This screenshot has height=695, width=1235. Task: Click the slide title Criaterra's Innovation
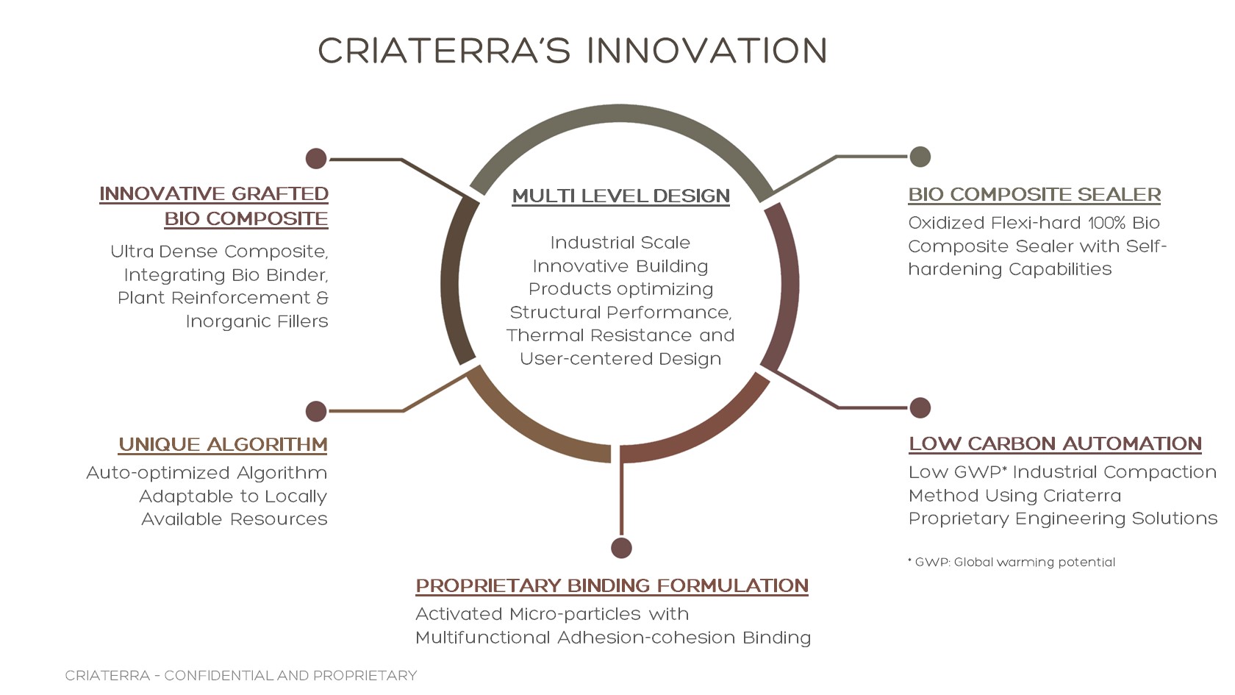point(573,51)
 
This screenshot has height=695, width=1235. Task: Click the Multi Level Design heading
point(620,196)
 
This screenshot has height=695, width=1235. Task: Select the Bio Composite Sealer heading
point(1034,195)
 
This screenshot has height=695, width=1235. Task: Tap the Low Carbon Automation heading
point(1055,444)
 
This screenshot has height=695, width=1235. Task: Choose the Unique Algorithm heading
point(223,445)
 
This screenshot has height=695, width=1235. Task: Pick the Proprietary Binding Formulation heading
point(612,586)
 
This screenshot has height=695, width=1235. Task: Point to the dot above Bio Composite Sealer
point(920,157)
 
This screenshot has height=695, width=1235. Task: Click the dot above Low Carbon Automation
point(920,407)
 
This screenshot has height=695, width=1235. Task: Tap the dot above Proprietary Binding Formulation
point(621,548)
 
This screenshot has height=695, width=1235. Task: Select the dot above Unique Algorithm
point(316,411)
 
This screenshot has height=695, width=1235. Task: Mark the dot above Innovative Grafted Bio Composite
point(316,158)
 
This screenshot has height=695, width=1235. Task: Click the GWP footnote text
point(1012,563)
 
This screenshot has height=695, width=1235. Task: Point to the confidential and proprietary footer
point(240,676)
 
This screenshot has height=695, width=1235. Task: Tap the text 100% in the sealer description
point(1106,223)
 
